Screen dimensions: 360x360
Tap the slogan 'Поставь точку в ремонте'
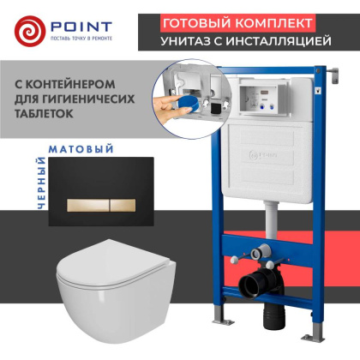point(76,38)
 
